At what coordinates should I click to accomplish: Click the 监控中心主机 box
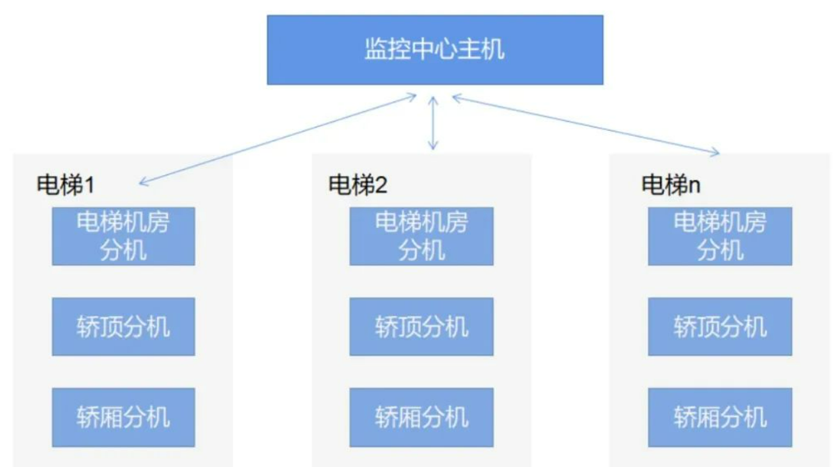point(435,50)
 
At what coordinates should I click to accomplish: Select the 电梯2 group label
point(358,185)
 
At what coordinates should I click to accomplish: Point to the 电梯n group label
point(671,185)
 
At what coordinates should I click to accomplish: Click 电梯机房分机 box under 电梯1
point(124,236)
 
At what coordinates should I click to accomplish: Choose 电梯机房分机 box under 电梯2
point(421,236)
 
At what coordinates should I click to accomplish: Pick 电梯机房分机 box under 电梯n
point(720,236)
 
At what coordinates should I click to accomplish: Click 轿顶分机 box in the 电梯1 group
point(124,326)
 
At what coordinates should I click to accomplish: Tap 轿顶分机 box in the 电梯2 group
point(421,326)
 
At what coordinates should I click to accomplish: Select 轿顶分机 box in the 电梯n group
point(720,326)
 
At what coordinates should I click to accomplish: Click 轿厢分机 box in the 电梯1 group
point(124,417)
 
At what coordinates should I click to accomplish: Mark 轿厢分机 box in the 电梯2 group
point(421,417)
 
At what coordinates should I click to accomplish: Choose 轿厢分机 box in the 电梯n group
point(720,417)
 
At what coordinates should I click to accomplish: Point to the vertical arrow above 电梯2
point(433,123)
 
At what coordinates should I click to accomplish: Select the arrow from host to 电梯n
point(585,125)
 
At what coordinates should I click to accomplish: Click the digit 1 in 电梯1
point(89,186)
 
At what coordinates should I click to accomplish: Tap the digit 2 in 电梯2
point(381,186)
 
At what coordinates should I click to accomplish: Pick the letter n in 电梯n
point(694,186)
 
